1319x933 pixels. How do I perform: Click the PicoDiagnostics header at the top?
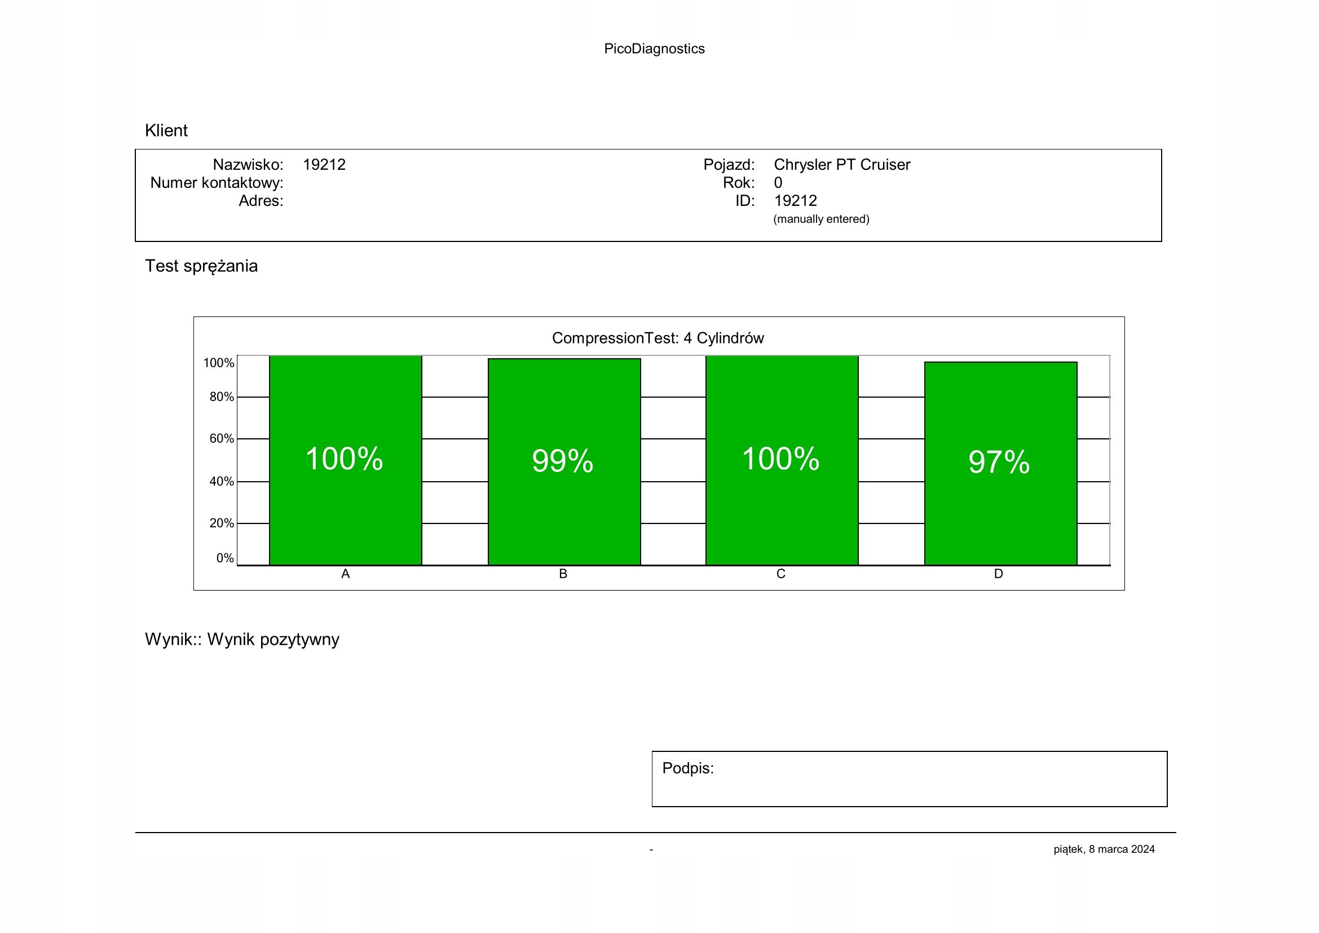coord(654,49)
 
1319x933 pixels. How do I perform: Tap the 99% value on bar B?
coord(562,461)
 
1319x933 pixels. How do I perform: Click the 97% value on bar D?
coord(999,462)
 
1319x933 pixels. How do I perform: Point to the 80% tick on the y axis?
coord(221,397)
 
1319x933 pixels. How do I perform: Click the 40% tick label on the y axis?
coord(221,481)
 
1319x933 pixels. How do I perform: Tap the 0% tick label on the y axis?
coord(224,558)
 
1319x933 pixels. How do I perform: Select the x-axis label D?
coord(999,574)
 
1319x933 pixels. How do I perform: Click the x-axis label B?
coord(563,574)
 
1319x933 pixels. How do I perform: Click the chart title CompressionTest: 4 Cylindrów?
coord(658,338)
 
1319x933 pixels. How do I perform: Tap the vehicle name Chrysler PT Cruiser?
coord(841,165)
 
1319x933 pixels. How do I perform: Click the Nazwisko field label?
coord(248,165)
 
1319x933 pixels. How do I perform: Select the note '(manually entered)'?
coord(821,219)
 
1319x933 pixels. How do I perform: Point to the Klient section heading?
coord(166,130)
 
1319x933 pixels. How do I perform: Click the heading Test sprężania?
coord(201,266)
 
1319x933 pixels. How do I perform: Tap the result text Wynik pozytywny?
coord(273,640)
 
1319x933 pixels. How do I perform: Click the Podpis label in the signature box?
coord(687,768)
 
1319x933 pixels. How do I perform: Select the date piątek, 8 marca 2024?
coord(1104,849)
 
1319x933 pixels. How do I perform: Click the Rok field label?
coord(738,183)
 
